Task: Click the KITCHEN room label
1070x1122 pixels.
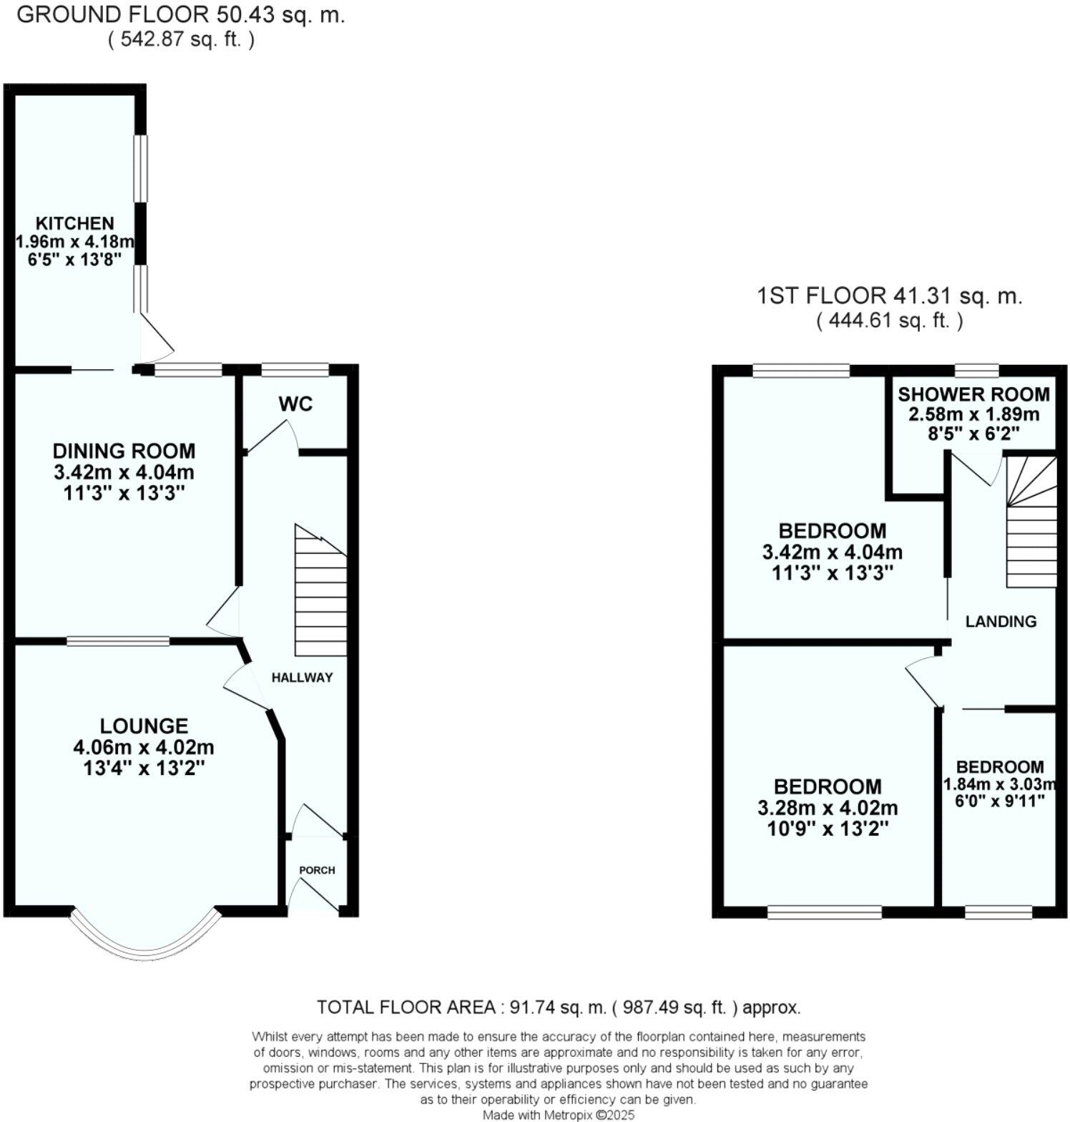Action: click(75, 223)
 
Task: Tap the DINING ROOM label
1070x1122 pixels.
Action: click(124, 451)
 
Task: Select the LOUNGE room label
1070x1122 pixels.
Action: click(144, 726)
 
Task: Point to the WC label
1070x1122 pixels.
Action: click(296, 404)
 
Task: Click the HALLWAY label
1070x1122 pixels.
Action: click(302, 678)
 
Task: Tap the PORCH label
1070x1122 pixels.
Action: click(317, 870)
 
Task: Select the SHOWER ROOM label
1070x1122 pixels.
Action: click(973, 394)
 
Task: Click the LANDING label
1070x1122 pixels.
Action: click(1001, 621)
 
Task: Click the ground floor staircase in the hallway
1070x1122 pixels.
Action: click(321, 594)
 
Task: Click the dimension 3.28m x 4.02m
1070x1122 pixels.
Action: click(828, 808)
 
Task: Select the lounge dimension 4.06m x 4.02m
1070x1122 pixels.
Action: click(144, 747)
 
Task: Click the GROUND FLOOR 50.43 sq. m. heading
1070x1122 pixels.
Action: click(180, 16)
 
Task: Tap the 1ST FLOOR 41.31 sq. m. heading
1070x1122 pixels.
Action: click(889, 296)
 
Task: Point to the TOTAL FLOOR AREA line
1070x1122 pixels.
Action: click(559, 1008)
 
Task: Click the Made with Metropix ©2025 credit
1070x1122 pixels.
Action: click(558, 1115)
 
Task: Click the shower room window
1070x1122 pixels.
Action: click(977, 370)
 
